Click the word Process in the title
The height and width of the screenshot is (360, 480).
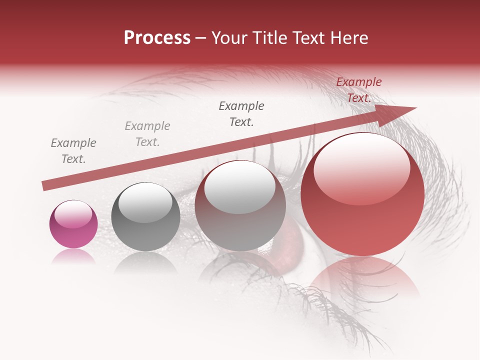(x=157, y=38)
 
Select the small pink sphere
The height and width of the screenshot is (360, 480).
(x=73, y=224)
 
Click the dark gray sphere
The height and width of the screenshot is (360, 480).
(x=145, y=217)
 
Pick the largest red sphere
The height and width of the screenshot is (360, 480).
(x=362, y=194)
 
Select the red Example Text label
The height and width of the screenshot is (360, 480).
(x=358, y=90)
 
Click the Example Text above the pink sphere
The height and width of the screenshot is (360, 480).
(x=73, y=151)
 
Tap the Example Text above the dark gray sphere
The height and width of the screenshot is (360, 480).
(x=147, y=134)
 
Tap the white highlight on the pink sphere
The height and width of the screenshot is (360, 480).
(x=73, y=213)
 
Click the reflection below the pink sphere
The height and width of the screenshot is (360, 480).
(x=73, y=256)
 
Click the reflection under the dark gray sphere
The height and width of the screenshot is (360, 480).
(x=145, y=262)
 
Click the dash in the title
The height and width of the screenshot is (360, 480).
(x=200, y=38)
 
